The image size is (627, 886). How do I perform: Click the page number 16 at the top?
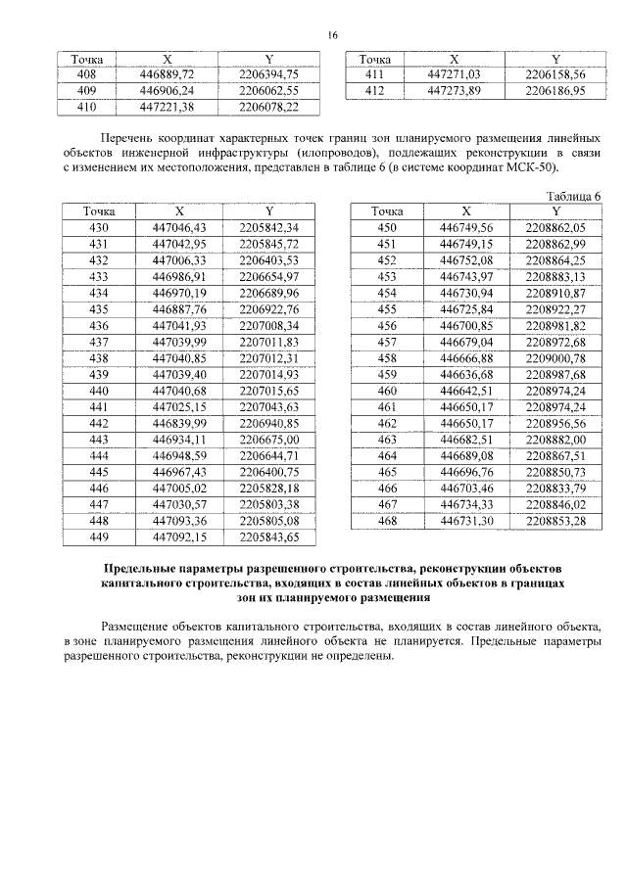(332, 35)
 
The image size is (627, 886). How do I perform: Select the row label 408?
(86, 74)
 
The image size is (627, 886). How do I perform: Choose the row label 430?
(98, 227)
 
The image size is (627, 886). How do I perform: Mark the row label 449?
(98, 536)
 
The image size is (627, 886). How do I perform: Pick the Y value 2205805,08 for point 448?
(268, 520)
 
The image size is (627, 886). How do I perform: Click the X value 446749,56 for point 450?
(466, 227)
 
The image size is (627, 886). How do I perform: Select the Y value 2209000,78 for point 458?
(555, 357)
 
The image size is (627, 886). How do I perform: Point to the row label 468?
(386, 520)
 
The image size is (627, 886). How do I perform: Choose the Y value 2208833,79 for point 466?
(555, 488)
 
